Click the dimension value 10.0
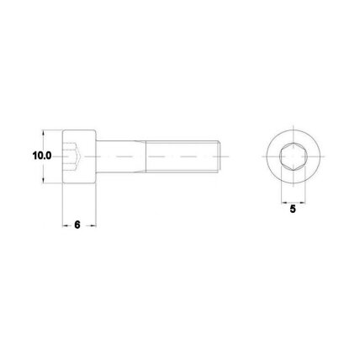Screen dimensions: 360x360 pos(42,156)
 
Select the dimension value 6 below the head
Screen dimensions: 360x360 pos(77,225)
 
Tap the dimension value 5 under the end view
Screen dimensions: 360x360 pos(293,209)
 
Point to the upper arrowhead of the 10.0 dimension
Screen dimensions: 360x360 pos(43,133)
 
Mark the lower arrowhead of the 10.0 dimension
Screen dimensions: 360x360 pos(43,180)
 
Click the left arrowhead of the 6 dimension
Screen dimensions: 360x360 pos(66,225)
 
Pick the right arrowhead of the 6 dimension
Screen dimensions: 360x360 pos(93,225)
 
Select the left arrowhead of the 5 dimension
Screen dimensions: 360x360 pos(284,202)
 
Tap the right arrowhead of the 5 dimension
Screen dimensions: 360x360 pos(302,202)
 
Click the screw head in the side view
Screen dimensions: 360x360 pos(79,156)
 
